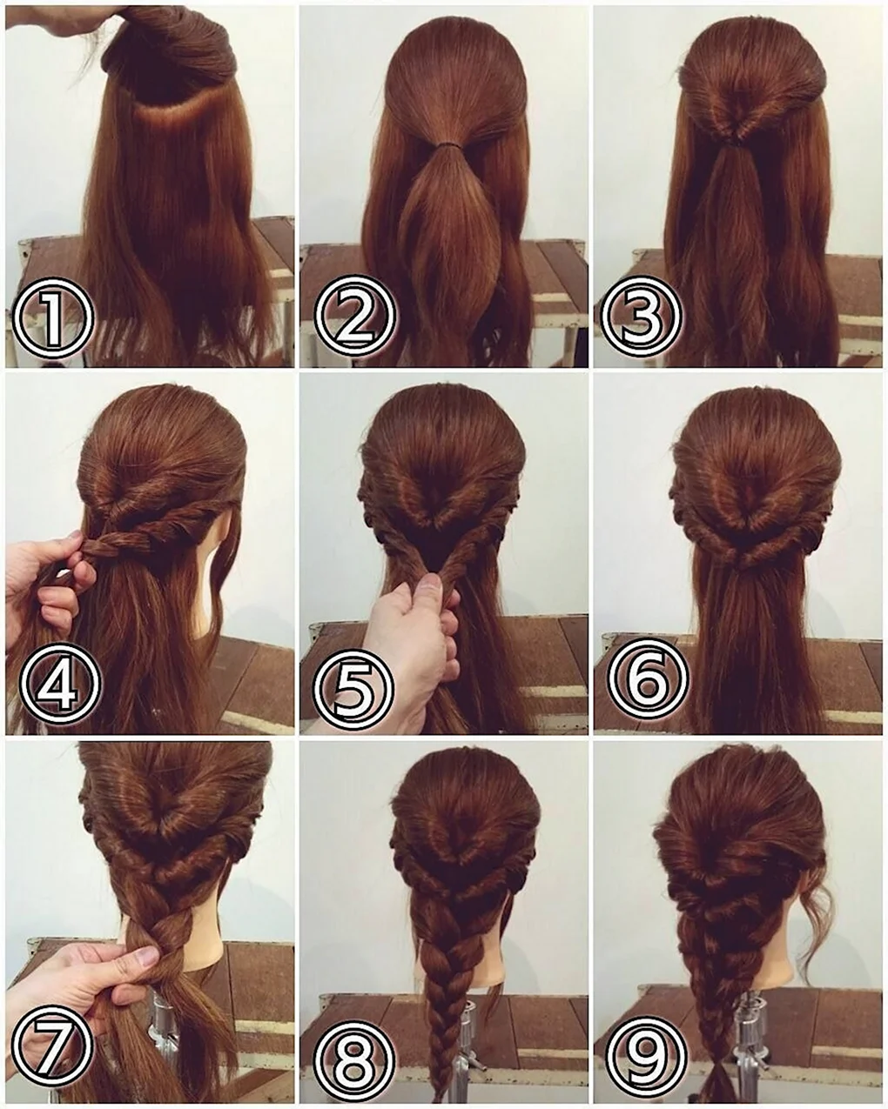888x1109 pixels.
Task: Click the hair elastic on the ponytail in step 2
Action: [x=447, y=147]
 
